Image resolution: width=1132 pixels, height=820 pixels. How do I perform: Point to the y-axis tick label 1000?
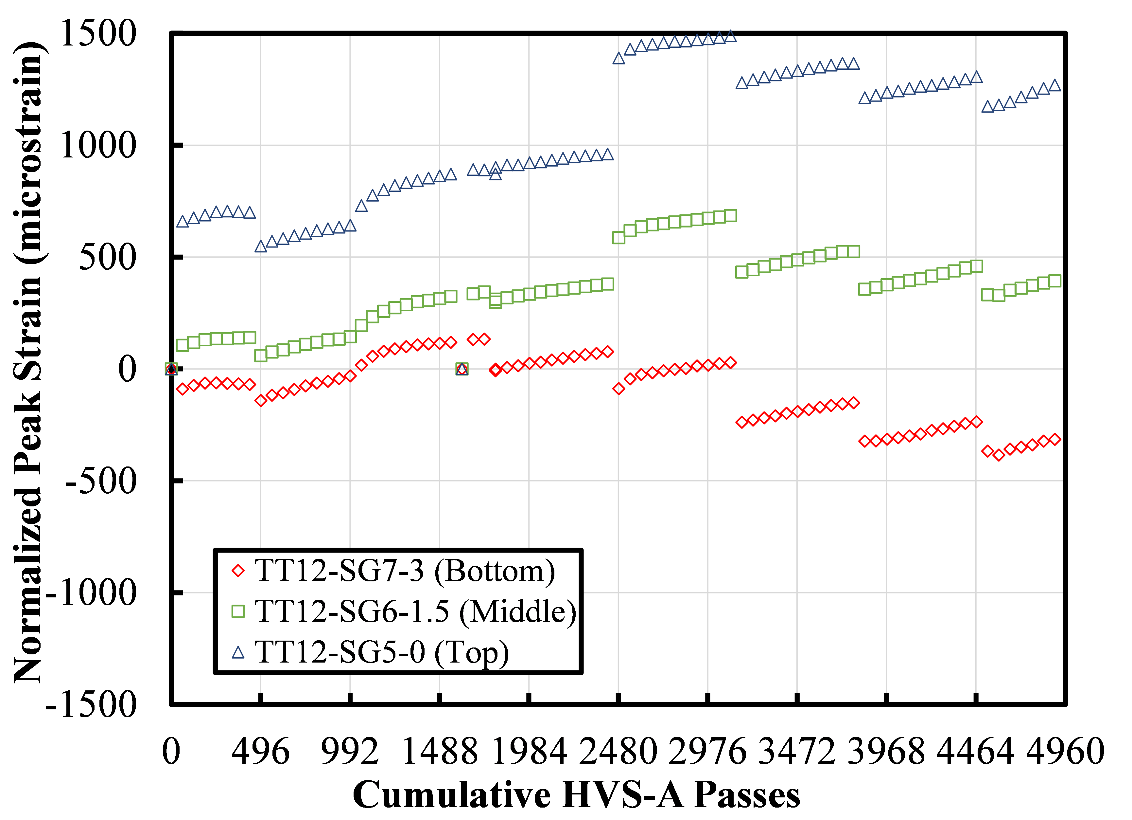pos(98,145)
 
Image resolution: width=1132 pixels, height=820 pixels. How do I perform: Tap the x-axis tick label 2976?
pos(707,752)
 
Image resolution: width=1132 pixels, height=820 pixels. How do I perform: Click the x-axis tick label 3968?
pos(886,752)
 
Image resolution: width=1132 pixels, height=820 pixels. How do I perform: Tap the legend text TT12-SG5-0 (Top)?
pos(382,652)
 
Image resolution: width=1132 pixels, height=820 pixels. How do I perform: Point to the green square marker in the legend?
pos(238,611)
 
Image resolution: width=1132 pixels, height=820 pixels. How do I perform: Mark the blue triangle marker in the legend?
pos(238,652)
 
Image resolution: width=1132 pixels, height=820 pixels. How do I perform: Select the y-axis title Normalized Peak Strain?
pos(29,363)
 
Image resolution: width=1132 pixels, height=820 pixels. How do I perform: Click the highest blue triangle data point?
pos(731,36)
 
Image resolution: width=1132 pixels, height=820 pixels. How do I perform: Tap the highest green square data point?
pos(731,216)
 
